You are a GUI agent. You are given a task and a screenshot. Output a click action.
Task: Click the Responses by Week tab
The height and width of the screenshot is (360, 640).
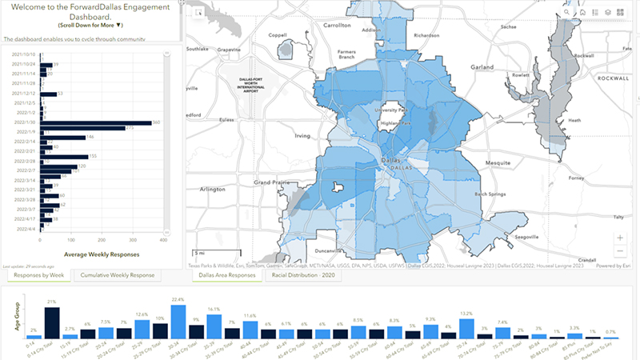[x=39, y=275]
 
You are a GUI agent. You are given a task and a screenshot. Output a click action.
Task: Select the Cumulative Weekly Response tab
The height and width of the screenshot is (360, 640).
[x=118, y=275]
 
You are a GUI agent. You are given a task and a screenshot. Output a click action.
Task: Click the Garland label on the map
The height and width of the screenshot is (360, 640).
[x=483, y=67]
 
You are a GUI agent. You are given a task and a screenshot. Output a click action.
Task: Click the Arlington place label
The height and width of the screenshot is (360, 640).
[x=213, y=189]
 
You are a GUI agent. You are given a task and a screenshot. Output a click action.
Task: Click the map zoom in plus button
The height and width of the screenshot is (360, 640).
[x=620, y=238]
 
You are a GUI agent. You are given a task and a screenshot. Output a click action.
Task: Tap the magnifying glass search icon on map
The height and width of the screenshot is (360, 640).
[x=569, y=13]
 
